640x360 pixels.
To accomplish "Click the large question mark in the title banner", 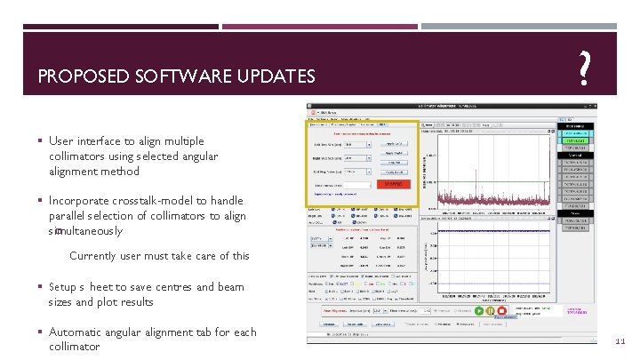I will point(583,68).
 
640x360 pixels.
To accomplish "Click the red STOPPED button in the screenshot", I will point(388,184).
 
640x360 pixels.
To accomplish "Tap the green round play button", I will point(479,310).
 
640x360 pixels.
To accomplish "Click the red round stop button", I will point(502,310).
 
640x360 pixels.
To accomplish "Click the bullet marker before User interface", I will point(41,141).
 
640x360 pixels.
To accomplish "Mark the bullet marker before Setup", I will point(41,287).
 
